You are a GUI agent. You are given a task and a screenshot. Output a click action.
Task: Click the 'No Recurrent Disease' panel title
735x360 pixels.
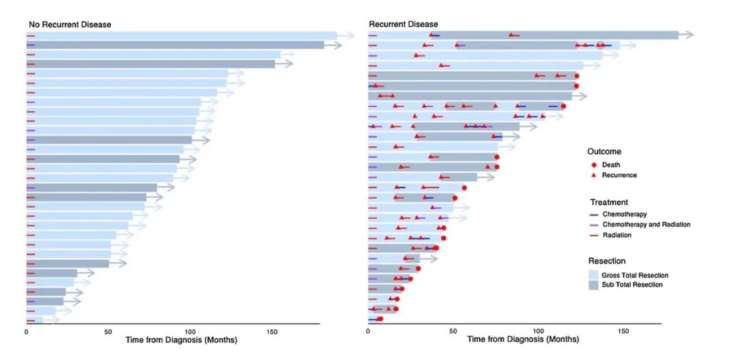tap(69, 24)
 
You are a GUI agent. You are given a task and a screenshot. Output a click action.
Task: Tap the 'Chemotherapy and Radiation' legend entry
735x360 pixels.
tap(647, 225)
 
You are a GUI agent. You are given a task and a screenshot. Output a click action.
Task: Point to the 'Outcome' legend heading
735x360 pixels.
tap(604, 152)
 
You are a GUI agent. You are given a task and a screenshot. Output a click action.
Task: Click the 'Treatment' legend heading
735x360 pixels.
tap(608, 202)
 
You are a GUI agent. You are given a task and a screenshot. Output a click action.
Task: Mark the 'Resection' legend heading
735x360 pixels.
tap(607, 261)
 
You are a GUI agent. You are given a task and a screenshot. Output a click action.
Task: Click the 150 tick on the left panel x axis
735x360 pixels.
tap(272, 332)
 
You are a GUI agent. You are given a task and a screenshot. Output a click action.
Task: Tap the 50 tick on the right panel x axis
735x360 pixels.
tap(453, 332)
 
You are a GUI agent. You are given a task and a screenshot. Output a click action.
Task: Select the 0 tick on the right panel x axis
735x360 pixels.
tap(367, 332)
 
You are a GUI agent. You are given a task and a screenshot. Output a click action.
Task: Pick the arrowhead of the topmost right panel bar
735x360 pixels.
tap(689, 35)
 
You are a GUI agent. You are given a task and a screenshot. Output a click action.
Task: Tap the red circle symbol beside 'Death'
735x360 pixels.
tap(594, 165)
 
